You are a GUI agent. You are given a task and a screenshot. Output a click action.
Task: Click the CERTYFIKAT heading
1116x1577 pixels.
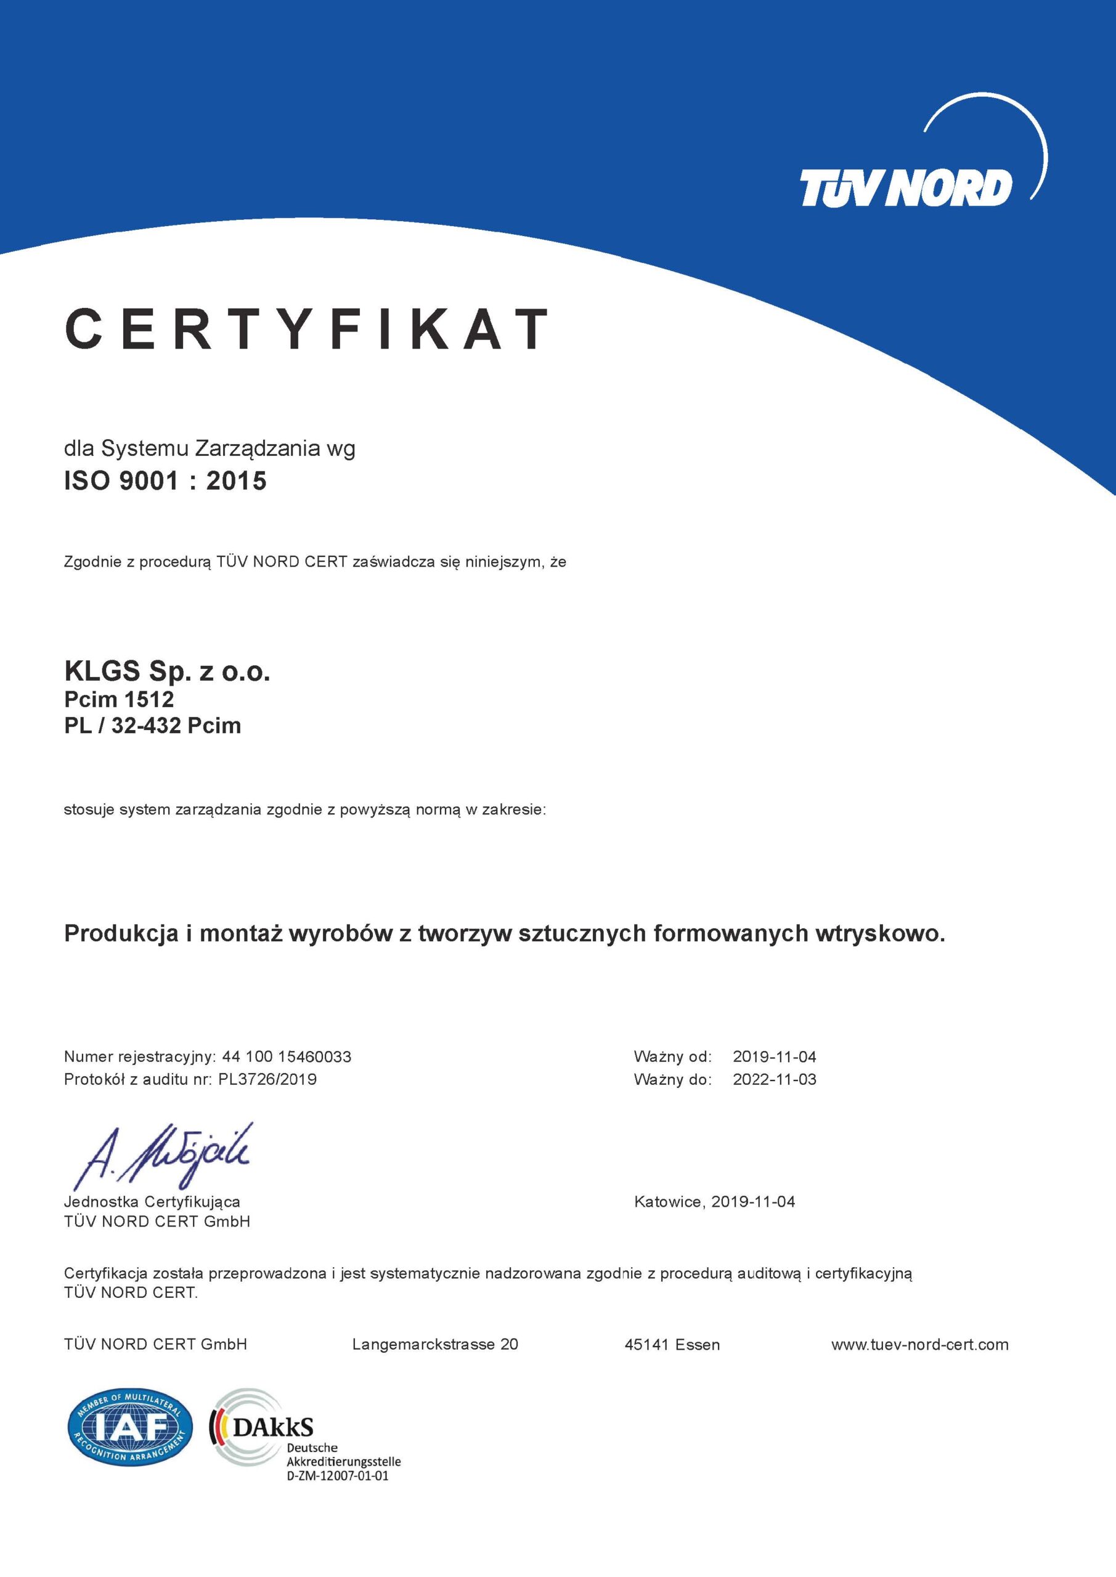(306, 329)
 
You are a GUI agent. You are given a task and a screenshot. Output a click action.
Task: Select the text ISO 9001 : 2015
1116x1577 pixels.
(165, 480)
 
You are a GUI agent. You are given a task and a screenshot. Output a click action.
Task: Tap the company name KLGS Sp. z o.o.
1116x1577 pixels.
(167, 671)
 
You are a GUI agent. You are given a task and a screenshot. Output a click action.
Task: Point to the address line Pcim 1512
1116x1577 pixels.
(119, 699)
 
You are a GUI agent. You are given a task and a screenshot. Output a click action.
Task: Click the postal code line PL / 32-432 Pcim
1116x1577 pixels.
(153, 726)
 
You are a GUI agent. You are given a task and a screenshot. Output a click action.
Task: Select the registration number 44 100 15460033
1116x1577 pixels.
(287, 1056)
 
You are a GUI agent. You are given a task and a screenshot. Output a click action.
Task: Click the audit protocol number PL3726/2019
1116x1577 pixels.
(267, 1079)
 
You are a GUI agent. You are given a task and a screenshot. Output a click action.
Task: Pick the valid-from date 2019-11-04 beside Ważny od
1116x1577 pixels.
(775, 1056)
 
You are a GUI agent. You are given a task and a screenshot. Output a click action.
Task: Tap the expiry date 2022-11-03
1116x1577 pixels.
(775, 1079)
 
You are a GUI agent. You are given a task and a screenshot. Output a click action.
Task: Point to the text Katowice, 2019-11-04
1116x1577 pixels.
(715, 1201)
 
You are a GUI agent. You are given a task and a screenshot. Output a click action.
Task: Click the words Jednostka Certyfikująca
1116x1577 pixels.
(152, 1201)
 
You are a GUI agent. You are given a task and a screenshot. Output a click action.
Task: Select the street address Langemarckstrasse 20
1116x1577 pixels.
(435, 1344)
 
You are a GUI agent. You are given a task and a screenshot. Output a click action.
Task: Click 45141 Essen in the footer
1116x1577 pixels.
(672, 1344)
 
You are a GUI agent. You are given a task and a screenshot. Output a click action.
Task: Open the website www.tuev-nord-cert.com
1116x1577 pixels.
(919, 1344)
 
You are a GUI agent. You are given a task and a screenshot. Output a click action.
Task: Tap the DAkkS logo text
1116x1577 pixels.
(273, 1428)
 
